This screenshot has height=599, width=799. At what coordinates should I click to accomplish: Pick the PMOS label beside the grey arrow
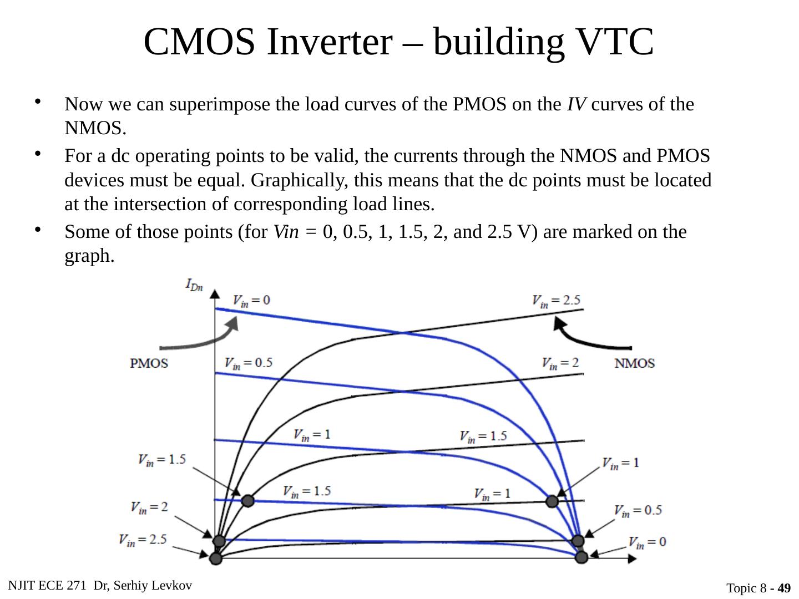point(149,364)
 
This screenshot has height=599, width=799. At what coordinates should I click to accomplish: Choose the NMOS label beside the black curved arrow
point(635,364)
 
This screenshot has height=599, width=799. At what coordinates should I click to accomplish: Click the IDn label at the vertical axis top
point(194,286)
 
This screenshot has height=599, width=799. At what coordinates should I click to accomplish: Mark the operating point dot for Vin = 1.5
point(248,501)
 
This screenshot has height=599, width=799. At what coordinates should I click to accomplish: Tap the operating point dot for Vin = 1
point(552,501)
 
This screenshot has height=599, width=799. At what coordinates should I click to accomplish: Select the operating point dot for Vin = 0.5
point(578,541)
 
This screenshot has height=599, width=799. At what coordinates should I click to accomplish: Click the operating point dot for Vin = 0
point(581,557)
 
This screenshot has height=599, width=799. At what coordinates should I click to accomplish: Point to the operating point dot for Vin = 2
point(219,541)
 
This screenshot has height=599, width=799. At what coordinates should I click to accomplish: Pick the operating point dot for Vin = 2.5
point(215,558)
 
